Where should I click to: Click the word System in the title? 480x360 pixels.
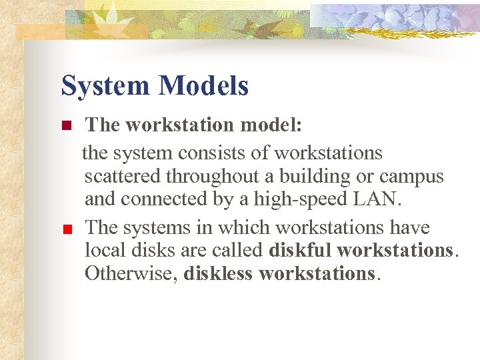[x=106, y=86]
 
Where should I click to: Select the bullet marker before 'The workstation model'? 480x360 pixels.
[x=65, y=125]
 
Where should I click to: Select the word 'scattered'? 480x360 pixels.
[x=123, y=177]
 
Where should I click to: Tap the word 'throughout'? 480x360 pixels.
[x=210, y=177]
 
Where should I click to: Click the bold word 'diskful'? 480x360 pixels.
[x=301, y=250]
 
